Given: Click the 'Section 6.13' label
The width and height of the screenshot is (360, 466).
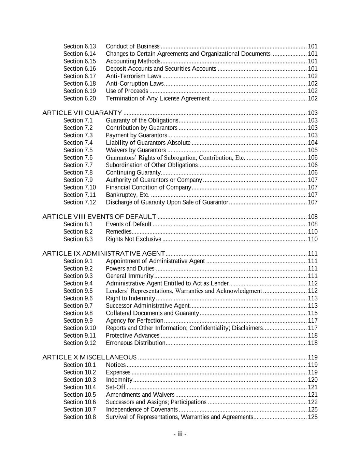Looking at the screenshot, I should [80, 46].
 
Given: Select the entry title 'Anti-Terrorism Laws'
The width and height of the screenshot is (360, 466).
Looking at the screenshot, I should [133, 76].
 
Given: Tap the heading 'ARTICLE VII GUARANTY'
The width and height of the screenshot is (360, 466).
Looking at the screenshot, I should [82, 113].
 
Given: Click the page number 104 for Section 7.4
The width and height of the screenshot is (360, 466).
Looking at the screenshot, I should [313, 143].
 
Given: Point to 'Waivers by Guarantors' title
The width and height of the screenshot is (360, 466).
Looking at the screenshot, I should [136, 150].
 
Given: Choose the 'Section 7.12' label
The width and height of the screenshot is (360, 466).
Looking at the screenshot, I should [80, 202].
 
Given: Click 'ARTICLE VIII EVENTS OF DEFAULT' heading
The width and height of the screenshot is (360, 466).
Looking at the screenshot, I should [99, 217].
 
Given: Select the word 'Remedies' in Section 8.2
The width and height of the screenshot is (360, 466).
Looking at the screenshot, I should [119, 232].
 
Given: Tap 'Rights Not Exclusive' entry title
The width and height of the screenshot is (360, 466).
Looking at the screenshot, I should [133, 239].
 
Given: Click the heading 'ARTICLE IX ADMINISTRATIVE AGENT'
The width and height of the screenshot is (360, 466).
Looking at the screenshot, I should [104, 254].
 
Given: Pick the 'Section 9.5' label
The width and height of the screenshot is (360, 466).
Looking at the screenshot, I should [78, 291].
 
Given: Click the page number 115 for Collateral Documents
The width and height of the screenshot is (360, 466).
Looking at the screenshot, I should [313, 313].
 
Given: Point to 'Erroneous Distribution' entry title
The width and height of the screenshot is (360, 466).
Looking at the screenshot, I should [135, 343].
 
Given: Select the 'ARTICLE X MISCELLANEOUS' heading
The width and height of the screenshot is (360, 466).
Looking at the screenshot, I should [89, 357].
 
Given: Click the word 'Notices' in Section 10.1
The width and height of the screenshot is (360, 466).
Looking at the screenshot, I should [116, 365].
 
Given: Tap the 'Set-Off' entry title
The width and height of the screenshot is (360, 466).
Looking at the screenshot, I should [116, 387].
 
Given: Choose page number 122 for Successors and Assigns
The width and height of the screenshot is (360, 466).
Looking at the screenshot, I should [313, 402].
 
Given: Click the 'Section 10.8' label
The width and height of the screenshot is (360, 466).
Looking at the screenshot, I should [80, 417].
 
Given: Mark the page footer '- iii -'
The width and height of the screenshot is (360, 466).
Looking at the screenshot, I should [180, 434].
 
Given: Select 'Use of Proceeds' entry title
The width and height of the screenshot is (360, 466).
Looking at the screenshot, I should [127, 91].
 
